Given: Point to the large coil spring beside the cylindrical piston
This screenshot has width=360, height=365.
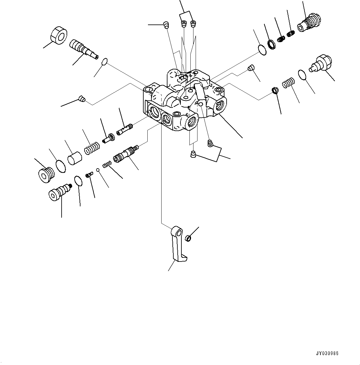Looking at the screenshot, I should pyautogui.click(x=92, y=147).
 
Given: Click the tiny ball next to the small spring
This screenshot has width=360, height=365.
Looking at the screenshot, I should pyautogui.click(x=97, y=169).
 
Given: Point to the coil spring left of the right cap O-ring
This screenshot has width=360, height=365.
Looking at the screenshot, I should pyautogui.click(x=288, y=83).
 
